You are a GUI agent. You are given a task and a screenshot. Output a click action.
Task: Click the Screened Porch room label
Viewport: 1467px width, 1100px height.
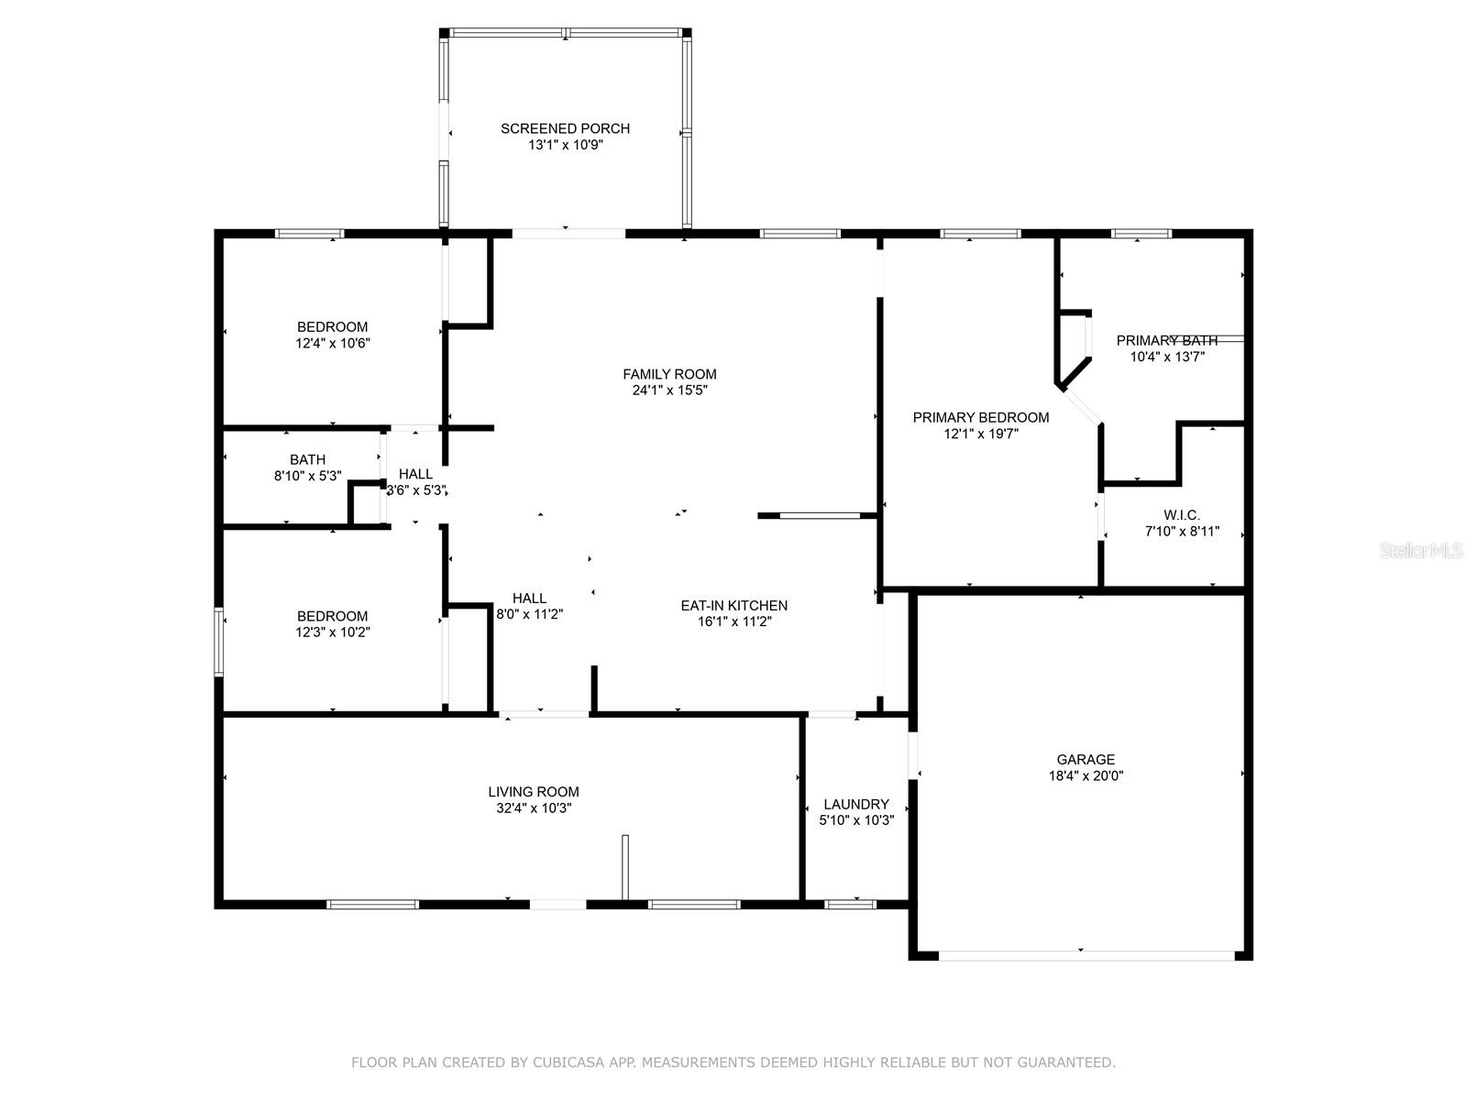[565, 128]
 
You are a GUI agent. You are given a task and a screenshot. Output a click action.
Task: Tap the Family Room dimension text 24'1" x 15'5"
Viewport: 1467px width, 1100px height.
[669, 390]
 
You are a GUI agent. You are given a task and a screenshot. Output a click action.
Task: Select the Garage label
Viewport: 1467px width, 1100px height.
[1086, 759]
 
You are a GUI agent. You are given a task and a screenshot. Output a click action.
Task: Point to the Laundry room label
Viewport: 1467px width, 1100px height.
[856, 804]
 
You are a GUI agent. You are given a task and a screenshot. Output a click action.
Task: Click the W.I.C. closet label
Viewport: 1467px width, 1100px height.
[1182, 515]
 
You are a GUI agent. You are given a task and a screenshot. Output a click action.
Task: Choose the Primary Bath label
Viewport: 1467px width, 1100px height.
[1167, 341]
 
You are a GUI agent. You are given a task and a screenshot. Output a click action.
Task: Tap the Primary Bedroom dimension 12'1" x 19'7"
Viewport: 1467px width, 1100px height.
[980, 434]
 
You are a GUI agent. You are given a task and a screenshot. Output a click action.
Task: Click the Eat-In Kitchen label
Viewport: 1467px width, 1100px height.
[733, 605]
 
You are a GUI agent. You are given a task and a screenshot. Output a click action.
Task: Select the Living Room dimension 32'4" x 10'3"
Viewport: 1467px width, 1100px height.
[534, 808]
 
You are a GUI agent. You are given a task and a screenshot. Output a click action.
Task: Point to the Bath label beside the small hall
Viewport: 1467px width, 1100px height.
[307, 459]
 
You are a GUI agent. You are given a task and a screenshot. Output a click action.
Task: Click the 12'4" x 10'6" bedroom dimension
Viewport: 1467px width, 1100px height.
[332, 343]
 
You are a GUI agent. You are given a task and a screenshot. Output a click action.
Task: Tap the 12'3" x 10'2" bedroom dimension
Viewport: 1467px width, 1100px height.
[332, 632]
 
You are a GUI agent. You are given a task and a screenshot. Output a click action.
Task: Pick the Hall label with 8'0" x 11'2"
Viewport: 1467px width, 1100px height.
[529, 599]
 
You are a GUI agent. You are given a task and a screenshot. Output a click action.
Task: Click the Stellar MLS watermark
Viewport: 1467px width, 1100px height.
[1421, 550]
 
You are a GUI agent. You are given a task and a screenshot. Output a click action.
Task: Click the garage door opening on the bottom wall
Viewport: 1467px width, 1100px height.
[1086, 956]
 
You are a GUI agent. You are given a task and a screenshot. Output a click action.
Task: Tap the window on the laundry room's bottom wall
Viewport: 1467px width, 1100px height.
[849, 905]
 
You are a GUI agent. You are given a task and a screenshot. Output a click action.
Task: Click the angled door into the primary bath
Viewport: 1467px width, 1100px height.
[1081, 406]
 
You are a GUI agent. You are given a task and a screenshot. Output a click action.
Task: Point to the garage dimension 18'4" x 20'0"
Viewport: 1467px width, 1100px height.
[1086, 776]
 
